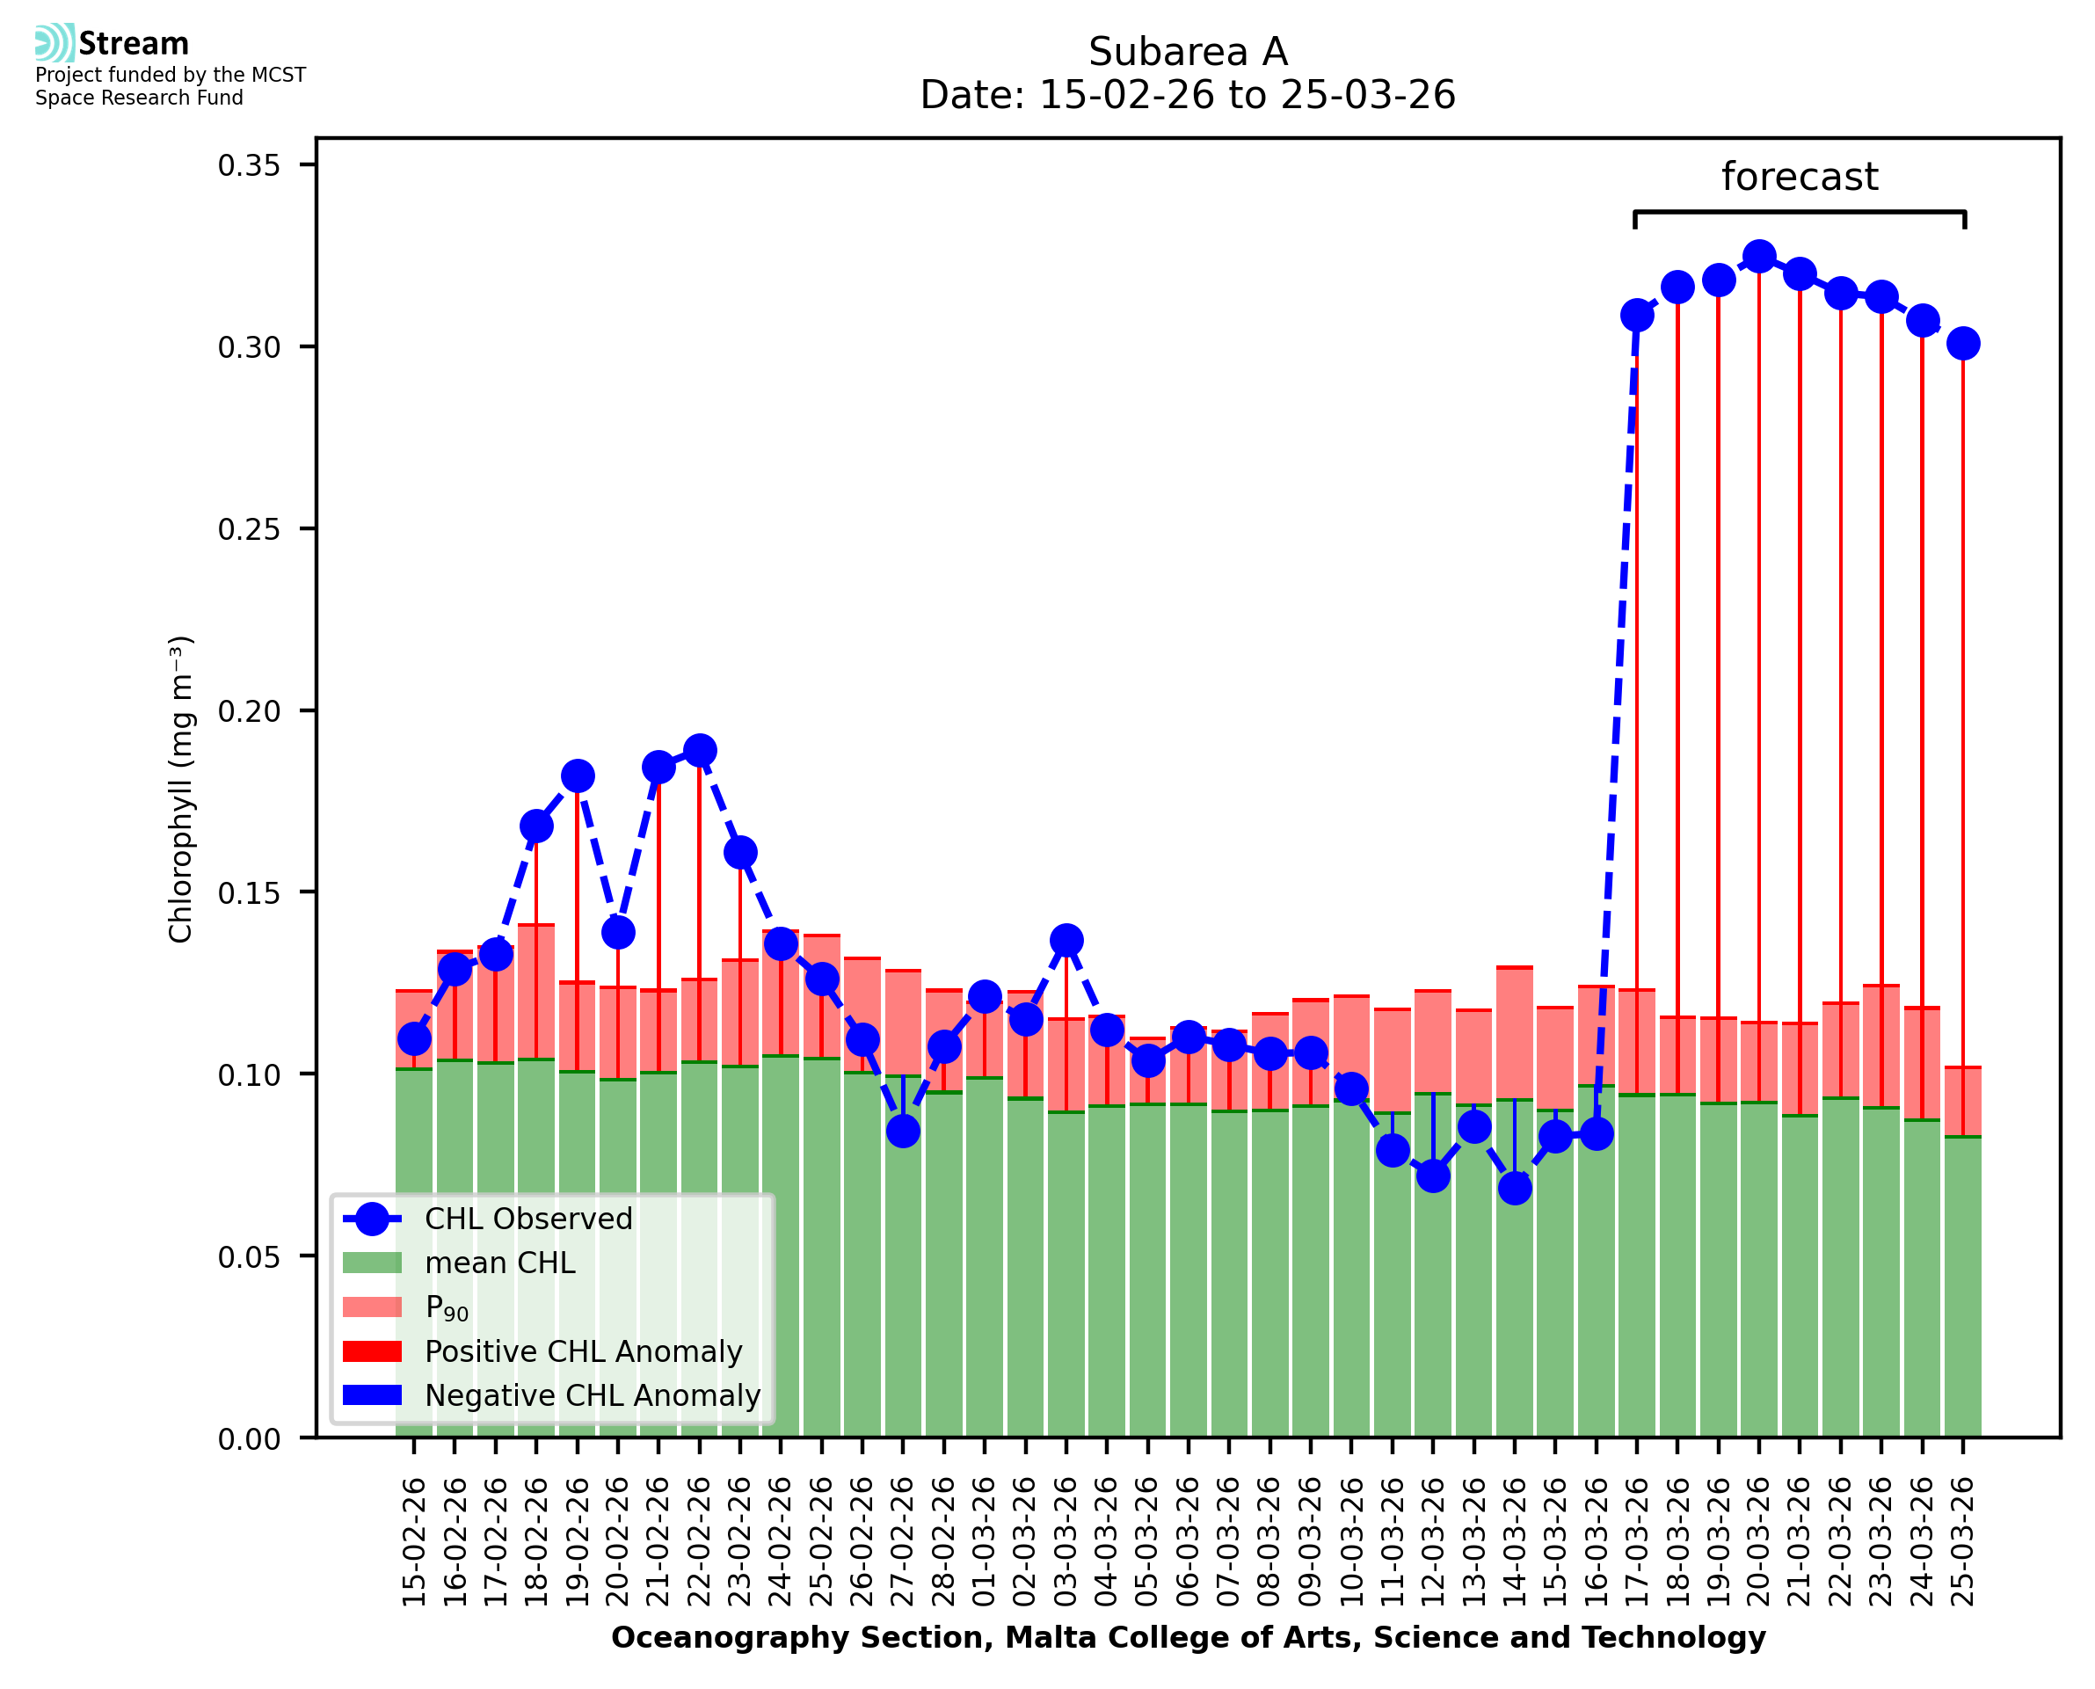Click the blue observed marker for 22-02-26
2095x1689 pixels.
click(699, 750)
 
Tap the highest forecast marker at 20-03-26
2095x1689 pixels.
click(1758, 257)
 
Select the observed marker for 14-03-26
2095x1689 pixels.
click(1515, 1187)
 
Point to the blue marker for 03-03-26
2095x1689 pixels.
click(1066, 940)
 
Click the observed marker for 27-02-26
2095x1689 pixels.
click(903, 1131)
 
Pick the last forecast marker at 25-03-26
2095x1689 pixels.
click(1963, 344)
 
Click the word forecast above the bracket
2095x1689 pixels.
click(1800, 177)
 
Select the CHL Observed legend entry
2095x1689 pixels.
click(528, 1218)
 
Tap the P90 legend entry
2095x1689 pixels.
click(447, 1307)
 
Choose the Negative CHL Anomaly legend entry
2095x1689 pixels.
click(592, 1395)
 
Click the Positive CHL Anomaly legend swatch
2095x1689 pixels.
click(372, 1351)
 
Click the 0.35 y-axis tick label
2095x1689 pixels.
click(249, 165)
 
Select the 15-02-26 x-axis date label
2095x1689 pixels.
click(414, 1541)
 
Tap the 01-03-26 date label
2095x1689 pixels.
click(985, 1541)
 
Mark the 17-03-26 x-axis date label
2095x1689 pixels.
click(1637, 1541)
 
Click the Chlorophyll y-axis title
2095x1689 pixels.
click(181, 789)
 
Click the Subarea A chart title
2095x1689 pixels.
click(1188, 52)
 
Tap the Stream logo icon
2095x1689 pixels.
click(55, 43)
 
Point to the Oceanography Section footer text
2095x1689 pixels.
click(1188, 1637)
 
